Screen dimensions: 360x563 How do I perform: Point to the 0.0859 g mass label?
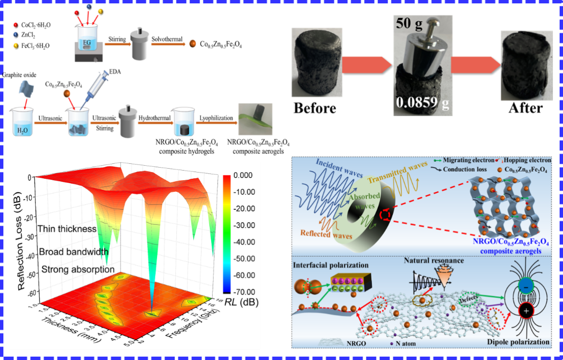tap(422, 103)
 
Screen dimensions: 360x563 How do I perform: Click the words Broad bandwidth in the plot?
tap(73, 252)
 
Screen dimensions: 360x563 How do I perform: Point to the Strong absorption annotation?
tap(78, 269)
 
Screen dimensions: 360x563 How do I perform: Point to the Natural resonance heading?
tap(434, 261)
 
